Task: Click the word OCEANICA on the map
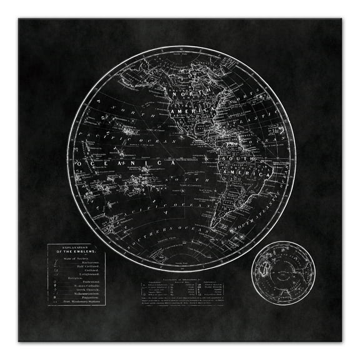pos(122,164)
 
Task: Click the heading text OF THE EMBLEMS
pos(76,251)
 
